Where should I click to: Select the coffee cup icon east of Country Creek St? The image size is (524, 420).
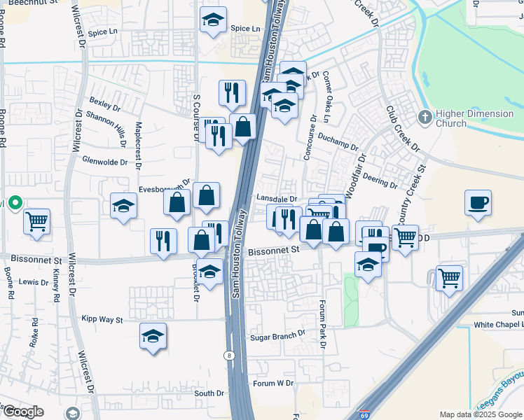478,203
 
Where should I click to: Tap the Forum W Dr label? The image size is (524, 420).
273,383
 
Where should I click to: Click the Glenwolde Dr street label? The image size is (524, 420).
105,161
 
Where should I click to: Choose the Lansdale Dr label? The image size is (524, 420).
277,199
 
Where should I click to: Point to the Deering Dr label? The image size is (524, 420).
380,181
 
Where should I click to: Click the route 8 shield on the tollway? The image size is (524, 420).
230,356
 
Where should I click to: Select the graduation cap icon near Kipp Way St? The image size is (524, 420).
153,336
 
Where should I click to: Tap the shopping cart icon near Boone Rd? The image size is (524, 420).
37,221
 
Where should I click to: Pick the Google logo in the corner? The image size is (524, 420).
22,412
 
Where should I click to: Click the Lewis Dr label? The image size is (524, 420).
34,281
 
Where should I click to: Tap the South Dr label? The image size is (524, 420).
208,393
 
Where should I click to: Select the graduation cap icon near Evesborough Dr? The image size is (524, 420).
124,206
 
